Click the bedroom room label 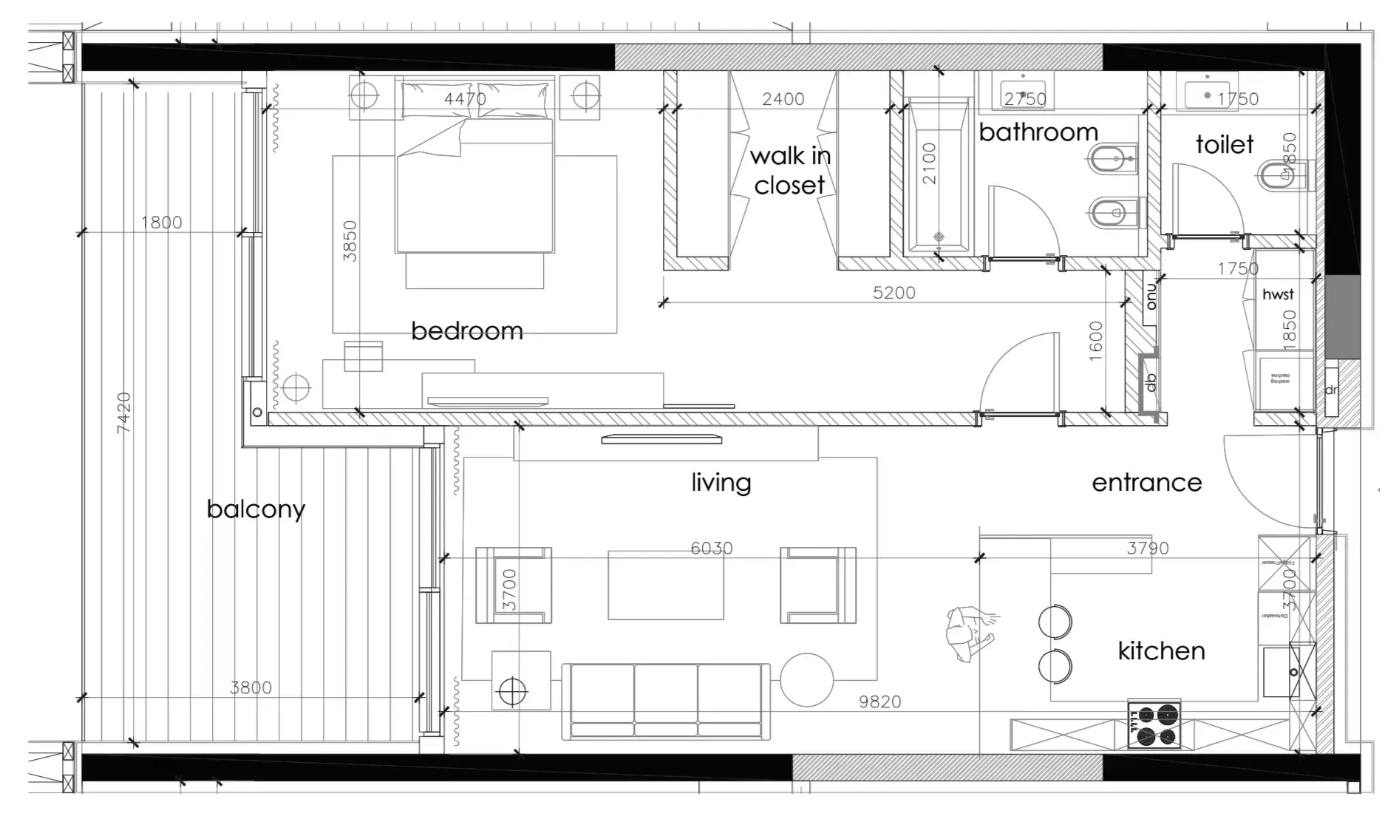click(x=466, y=330)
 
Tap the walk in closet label click(x=789, y=171)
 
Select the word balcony click(x=256, y=509)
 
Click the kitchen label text click(x=1161, y=650)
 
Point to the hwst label click(x=1278, y=294)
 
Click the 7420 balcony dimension click(x=123, y=412)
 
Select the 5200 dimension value click(x=893, y=293)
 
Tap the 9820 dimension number click(x=879, y=701)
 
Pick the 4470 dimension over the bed click(x=465, y=98)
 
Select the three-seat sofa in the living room click(x=665, y=701)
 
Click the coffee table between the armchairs click(x=665, y=585)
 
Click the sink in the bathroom click(x=1026, y=92)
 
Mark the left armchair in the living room click(x=514, y=585)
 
